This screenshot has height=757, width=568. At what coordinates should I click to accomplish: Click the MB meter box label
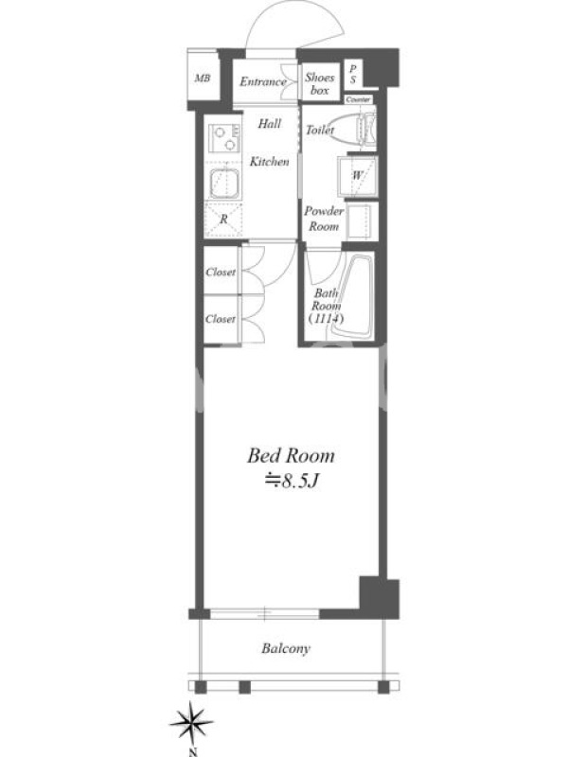click(x=203, y=78)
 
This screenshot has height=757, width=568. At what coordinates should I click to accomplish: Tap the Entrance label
click(x=263, y=81)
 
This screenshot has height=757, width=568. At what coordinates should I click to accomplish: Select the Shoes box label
click(x=319, y=83)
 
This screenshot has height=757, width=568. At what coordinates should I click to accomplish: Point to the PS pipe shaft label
click(x=353, y=74)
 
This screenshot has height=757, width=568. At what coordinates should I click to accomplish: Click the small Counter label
click(x=359, y=99)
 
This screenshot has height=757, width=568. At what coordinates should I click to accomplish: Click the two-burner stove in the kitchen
click(x=224, y=138)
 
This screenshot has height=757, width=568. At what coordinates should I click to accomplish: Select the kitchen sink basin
click(x=224, y=184)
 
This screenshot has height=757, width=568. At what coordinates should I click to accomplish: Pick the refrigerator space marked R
click(x=223, y=220)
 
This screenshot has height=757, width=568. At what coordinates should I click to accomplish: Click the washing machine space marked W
click(x=358, y=176)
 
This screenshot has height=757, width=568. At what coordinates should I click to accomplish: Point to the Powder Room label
click(x=324, y=219)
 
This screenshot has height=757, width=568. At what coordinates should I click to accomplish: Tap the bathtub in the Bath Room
click(x=352, y=295)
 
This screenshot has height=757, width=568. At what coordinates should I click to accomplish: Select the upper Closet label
click(x=221, y=272)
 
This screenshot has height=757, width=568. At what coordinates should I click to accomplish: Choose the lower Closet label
click(x=221, y=319)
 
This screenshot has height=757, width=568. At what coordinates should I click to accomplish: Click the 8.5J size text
click(x=292, y=481)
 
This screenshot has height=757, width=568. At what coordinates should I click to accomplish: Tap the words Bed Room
click(x=291, y=456)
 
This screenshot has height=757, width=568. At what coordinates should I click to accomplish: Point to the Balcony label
click(x=286, y=648)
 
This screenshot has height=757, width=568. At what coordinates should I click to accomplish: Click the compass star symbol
click(x=192, y=721)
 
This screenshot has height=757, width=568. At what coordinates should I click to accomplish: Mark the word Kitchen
click(x=270, y=161)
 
